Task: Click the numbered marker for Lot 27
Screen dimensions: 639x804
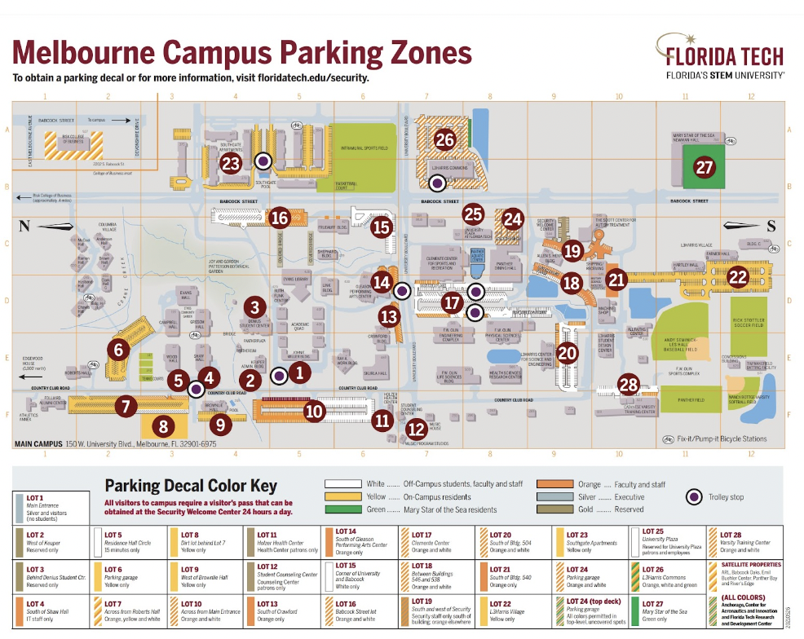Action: coord(704,167)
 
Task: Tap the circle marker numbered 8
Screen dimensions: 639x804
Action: coord(163,425)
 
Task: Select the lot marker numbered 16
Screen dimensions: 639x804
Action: coord(281,218)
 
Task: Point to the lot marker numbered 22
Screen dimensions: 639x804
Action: coord(737,276)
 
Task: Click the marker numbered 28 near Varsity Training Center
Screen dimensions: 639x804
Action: coord(628,384)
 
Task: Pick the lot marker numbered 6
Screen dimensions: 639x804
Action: coord(119,350)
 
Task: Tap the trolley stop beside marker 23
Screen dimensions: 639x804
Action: coord(263,161)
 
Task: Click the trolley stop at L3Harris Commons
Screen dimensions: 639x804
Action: coord(438,183)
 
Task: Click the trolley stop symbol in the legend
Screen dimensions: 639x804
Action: coord(693,496)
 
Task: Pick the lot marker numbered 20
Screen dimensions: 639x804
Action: coord(567,353)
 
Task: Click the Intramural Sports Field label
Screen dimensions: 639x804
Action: coord(363,149)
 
